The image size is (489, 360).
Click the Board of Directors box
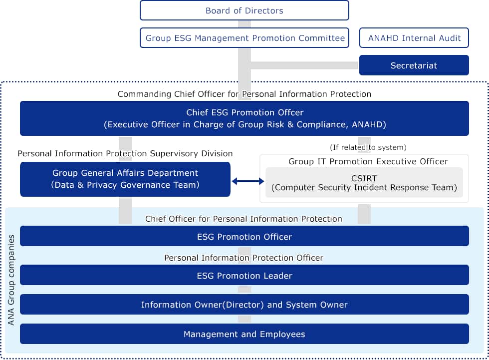click(x=244, y=10)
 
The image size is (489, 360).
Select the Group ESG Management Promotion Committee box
click(x=244, y=38)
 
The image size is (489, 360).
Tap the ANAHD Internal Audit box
click(x=414, y=38)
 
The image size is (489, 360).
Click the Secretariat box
click(x=414, y=65)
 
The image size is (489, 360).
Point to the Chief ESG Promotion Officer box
click(x=244, y=118)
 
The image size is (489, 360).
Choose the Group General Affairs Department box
click(x=125, y=179)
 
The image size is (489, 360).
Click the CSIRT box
click(x=364, y=182)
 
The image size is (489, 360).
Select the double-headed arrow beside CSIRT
click(x=247, y=182)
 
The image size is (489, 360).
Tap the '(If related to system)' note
click(x=368, y=147)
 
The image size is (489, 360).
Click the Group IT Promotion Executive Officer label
click(x=368, y=161)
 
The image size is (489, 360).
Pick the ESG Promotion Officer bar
click(x=244, y=236)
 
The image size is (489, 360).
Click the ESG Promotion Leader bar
click(x=244, y=275)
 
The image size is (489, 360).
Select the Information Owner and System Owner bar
click(x=244, y=304)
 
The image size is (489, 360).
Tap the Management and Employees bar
click(x=244, y=334)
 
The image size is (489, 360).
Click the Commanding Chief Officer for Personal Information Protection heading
click(x=244, y=94)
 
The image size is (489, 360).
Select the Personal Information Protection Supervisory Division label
click(x=125, y=154)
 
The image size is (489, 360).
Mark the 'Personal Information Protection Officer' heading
click(x=244, y=258)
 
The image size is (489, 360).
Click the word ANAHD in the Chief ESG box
click(x=372, y=125)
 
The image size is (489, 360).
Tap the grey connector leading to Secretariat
click(x=304, y=65)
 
